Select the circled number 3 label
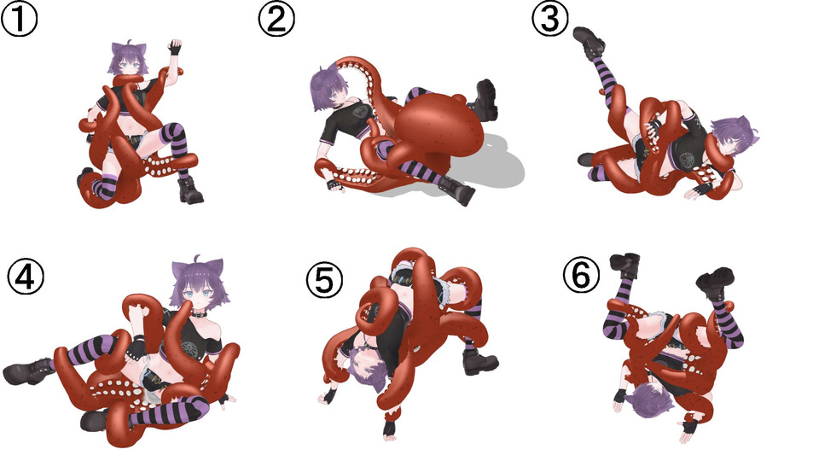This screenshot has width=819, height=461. tap(550, 18)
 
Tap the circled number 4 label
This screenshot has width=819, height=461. tap(26, 276)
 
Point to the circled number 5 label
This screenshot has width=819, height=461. tap(324, 279)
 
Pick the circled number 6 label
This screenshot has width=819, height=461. tap(581, 275)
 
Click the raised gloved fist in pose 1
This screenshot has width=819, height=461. tap(176, 47)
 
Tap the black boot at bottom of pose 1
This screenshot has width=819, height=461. tap(190, 190)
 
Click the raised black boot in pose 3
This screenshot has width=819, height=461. tap(590, 42)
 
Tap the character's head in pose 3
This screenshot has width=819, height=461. tap(731, 137)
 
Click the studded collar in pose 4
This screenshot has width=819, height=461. tap(199, 315)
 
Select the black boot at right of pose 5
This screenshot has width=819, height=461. tap(479, 360)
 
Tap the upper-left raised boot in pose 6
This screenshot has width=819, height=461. tap(626, 265)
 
